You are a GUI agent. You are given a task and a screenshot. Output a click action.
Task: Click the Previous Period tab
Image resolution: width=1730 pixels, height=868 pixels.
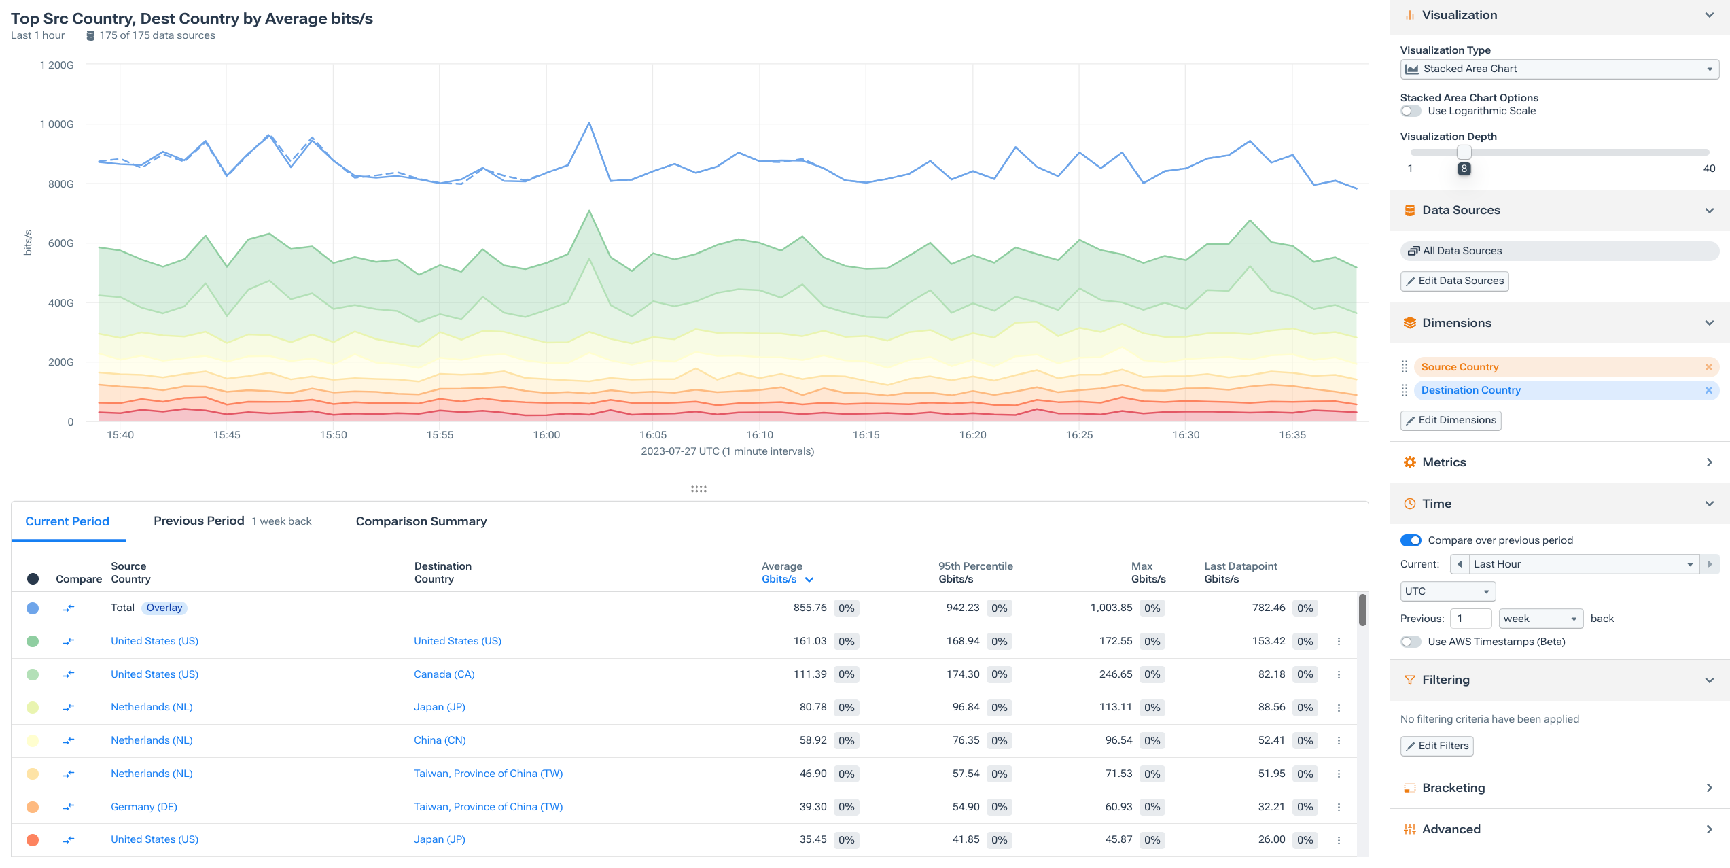198,521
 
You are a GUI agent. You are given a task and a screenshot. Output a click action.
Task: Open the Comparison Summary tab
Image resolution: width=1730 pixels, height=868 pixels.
421,521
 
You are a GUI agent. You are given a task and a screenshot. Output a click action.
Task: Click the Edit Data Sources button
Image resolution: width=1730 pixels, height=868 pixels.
1454,281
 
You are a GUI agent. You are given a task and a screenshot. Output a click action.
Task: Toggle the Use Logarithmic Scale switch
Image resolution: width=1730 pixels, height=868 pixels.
1411,111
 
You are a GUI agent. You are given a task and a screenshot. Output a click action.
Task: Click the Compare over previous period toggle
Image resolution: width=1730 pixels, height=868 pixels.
1411,540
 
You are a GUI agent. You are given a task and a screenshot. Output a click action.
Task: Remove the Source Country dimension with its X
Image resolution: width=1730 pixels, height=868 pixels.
1708,367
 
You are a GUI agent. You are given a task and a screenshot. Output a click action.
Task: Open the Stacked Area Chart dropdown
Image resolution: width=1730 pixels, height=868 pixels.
1559,69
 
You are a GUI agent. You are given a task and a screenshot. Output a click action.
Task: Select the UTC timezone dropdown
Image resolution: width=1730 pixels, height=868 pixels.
1447,591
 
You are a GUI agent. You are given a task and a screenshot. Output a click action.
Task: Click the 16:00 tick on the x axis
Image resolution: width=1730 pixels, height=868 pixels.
546,435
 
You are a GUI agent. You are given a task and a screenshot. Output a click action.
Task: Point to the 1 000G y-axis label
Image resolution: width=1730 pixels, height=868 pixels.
57,124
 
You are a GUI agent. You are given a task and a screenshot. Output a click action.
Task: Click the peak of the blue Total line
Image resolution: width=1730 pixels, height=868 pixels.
589,123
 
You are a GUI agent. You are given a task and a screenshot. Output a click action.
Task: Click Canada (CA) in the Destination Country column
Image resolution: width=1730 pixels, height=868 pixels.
444,674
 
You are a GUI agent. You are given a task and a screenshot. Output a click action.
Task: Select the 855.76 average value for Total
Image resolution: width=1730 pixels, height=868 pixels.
809,608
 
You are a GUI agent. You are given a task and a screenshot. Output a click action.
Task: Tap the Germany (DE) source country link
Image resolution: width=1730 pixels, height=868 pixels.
143,807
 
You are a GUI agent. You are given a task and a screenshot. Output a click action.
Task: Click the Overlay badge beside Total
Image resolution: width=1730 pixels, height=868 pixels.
164,608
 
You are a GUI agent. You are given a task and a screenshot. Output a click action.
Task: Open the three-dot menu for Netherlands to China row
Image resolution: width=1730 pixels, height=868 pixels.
1339,741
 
